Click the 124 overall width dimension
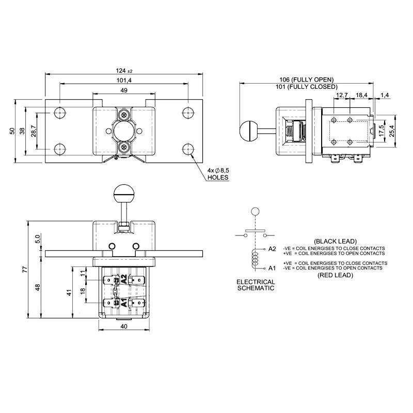(124, 71)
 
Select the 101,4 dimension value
(124, 81)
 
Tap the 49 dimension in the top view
(124, 90)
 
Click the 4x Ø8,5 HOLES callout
(217, 173)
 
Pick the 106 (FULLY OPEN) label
(306, 80)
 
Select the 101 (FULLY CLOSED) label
(306, 87)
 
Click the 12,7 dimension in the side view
(341, 96)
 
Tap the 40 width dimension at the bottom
(123, 326)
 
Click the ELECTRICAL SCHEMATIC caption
(255, 285)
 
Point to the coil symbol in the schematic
(254, 259)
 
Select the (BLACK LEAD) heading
(333, 241)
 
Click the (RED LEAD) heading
(333, 275)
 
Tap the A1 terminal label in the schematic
(272, 268)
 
